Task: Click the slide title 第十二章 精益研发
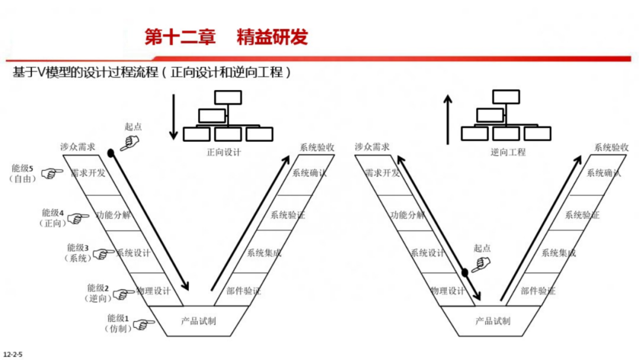point(226,37)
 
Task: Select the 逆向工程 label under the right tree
point(508,152)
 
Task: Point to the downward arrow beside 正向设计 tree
point(173,116)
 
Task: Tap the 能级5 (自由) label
point(24,173)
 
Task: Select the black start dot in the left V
point(111,153)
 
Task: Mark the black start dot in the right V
point(465,272)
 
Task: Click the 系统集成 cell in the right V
point(557,253)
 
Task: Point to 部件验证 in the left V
point(243,291)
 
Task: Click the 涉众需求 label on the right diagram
point(372,147)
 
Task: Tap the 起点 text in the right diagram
point(482,249)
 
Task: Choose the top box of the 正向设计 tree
point(228,97)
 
